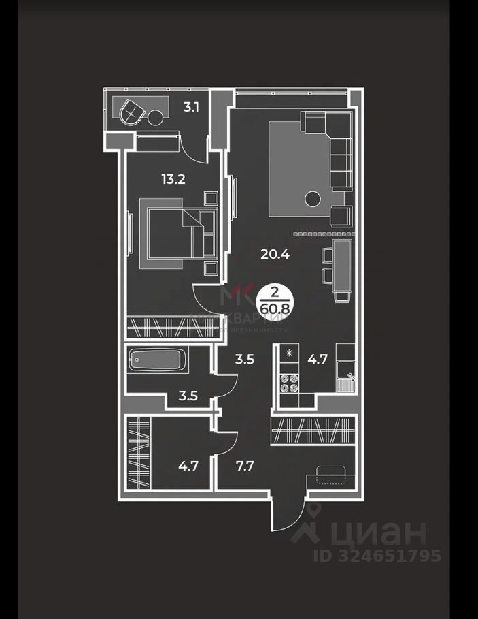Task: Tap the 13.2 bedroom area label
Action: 173,180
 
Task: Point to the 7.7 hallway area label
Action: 244,467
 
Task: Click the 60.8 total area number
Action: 273,317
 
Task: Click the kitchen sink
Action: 347,382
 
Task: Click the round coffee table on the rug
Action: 312,199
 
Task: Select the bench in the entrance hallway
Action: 331,472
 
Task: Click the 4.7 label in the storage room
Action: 188,467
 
